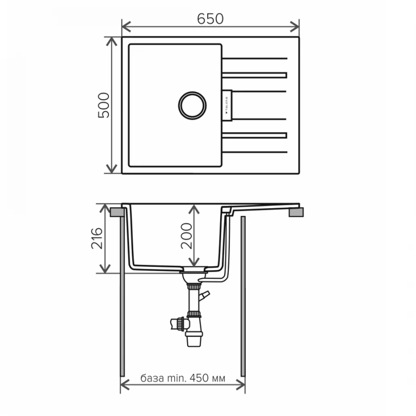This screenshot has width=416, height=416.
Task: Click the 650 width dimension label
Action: [210, 18]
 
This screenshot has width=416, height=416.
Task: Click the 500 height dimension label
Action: [104, 105]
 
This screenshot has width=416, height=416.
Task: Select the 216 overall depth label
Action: [97, 239]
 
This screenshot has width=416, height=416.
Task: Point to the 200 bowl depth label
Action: [186, 236]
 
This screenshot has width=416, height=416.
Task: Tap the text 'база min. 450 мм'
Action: [183, 379]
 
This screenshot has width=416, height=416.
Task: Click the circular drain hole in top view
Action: [191, 105]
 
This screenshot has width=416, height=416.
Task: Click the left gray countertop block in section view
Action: [116, 212]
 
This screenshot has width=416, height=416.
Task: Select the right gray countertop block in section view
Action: [296, 212]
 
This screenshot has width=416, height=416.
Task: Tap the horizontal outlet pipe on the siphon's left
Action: [176, 323]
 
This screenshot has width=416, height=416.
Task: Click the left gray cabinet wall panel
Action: [122, 296]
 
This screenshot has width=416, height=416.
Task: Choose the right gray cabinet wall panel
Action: [243, 296]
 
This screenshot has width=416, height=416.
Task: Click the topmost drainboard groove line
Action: [254, 59]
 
